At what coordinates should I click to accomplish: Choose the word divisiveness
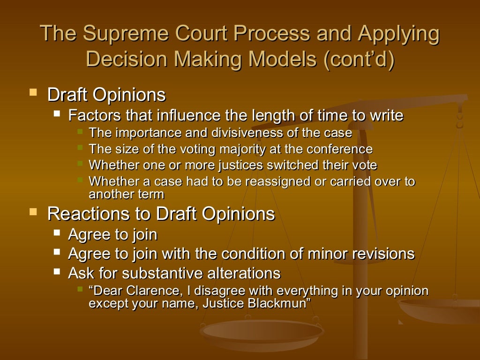(247, 133)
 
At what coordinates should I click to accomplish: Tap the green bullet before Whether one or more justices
(80, 164)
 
